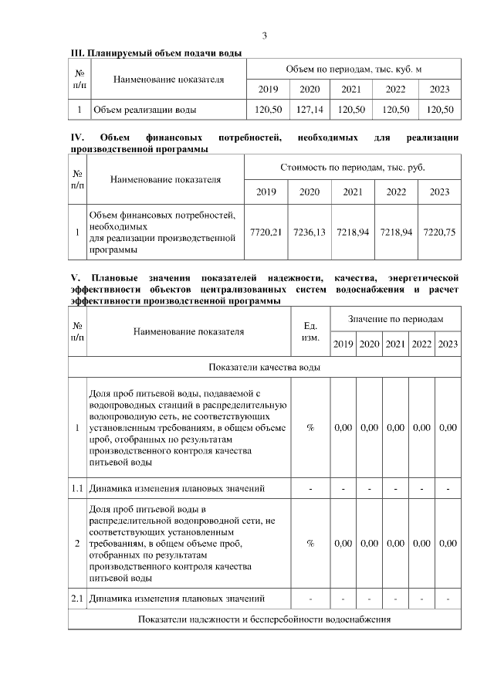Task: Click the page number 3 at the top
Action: pos(265,36)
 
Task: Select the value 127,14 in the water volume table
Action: pos(309,110)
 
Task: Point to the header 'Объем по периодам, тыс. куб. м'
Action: pos(353,69)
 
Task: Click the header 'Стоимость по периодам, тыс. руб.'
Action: pos(352,167)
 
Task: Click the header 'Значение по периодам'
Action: pos(395,319)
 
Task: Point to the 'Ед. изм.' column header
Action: pos(310,332)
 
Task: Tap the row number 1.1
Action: pos(77,488)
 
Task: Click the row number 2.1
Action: pos(77,599)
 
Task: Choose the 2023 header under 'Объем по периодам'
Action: pos(439,89)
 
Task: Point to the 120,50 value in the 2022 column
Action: pos(396,110)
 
